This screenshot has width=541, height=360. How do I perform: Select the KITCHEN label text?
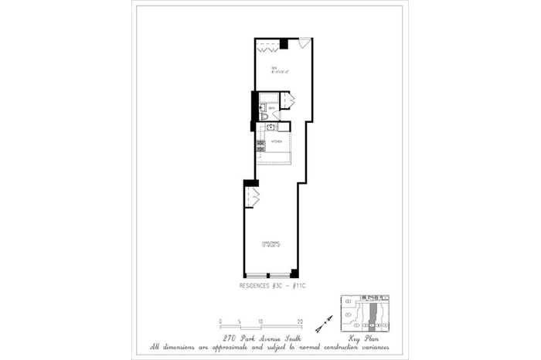[275, 143]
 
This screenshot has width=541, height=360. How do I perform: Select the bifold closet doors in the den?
[267, 49]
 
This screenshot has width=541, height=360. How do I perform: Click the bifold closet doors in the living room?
[253, 196]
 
